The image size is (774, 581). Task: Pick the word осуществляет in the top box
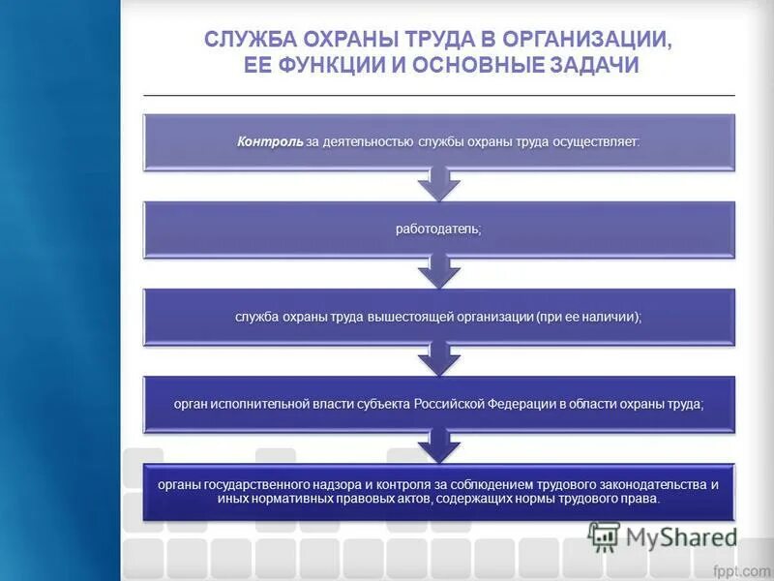point(596,141)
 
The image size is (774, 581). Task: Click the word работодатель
point(438,229)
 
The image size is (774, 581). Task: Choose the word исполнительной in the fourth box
point(255,404)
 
